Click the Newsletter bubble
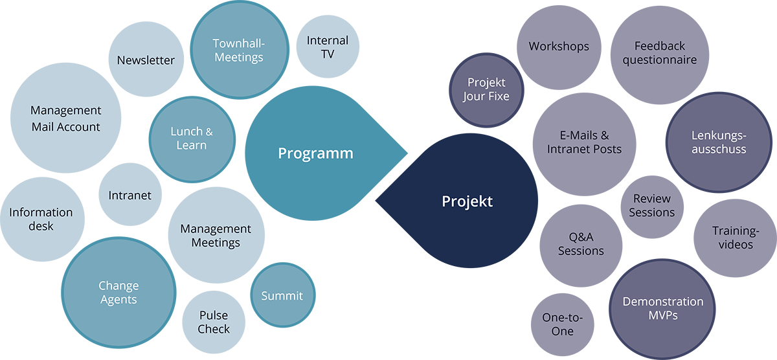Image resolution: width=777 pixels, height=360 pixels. click(x=146, y=60)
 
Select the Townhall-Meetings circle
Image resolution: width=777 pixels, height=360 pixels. click(x=239, y=51)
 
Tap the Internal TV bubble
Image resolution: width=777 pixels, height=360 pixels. click(x=328, y=47)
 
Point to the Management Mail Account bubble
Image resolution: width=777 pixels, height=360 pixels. click(x=65, y=118)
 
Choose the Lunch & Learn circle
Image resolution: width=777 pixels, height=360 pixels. click(x=191, y=139)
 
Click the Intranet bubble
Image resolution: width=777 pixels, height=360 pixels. click(x=129, y=195)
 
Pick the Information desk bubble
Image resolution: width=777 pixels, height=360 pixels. click(x=41, y=219)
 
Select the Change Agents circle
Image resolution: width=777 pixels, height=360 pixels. click(x=118, y=293)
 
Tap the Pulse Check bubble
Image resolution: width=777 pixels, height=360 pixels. click(x=214, y=322)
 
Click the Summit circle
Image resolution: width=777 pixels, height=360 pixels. click(x=282, y=296)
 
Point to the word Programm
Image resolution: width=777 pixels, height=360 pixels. click(x=315, y=153)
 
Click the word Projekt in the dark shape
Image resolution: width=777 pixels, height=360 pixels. click(x=467, y=201)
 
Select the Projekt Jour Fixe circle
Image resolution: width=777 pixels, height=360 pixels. click(x=486, y=89)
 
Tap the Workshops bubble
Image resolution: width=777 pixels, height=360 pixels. click(x=558, y=47)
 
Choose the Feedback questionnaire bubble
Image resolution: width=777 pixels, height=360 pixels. click(x=659, y=53)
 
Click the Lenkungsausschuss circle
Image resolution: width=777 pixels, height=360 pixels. click(x=718, y=142)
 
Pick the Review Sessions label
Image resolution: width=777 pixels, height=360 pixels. click(x=651, y=205)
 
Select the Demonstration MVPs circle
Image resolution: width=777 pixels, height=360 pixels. click(x=653, y=308)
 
